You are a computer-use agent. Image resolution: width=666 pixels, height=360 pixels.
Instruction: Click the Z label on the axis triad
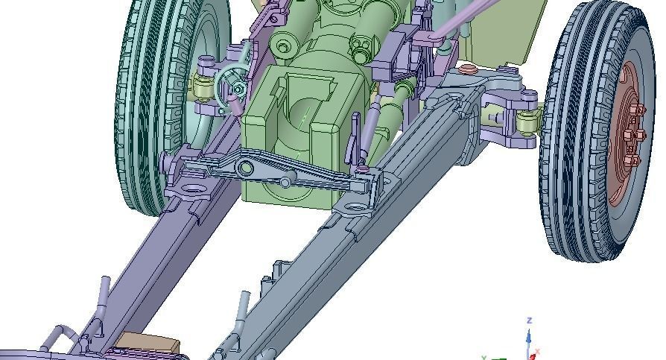coord(529,320)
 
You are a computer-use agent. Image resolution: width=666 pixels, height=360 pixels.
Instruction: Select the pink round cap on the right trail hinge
coord(468,69)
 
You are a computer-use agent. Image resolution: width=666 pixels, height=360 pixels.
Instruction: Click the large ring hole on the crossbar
coord(245,170)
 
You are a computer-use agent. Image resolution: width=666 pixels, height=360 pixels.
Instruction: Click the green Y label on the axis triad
coord(485,357)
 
